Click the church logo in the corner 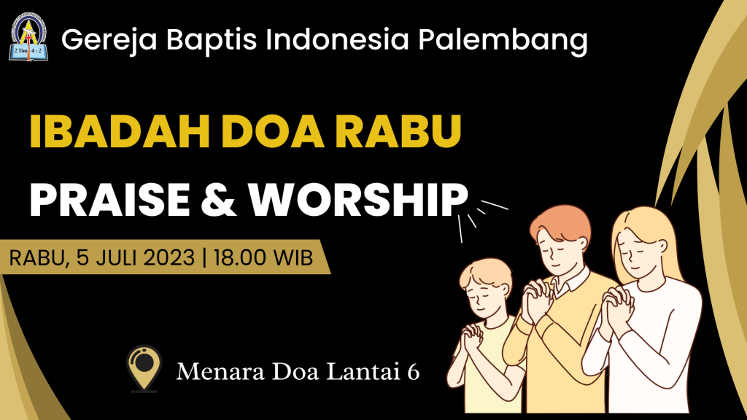coord(28,38)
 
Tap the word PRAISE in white coord(109,199)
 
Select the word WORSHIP coord(358,199)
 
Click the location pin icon coord(144,367)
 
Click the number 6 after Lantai coord(413,371)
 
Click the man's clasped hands coord(537,300)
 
